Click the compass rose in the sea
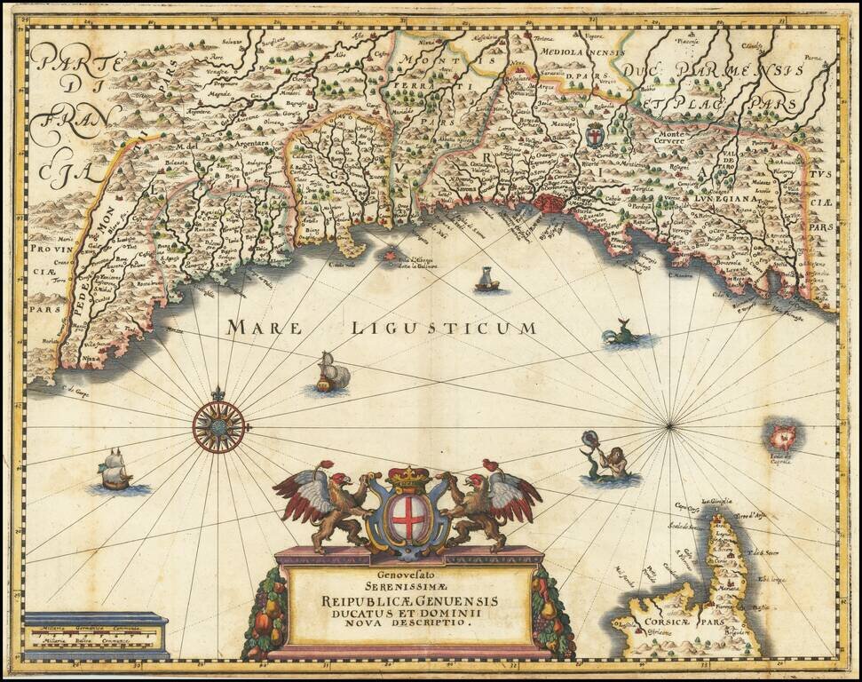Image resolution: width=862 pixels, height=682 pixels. (x=218, y=427)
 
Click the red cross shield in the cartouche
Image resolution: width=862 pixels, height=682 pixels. (x=408, y=519)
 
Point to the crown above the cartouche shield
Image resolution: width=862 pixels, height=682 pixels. (x=408, y=480)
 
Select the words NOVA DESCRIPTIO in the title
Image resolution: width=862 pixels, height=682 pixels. (x=409, y=623)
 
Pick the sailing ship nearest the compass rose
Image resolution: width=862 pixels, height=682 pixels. (x=332, y=373)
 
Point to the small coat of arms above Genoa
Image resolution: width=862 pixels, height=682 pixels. (x=596, y=136)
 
